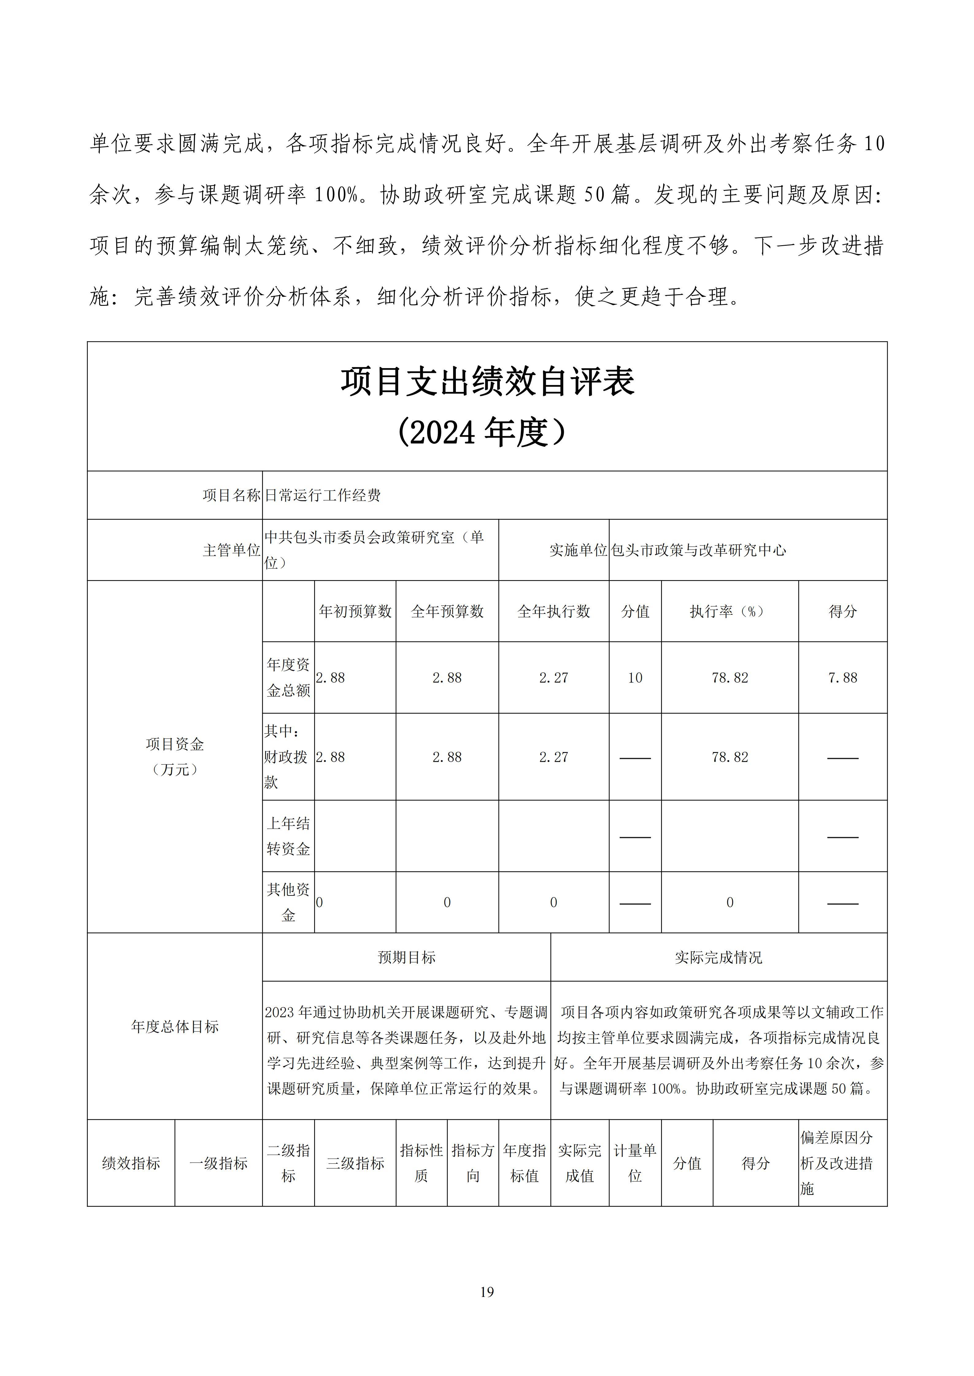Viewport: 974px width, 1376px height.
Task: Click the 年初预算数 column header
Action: (355, 611)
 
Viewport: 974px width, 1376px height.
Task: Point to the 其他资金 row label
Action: (288, 902)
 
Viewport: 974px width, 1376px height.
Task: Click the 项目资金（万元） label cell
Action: (175, 756)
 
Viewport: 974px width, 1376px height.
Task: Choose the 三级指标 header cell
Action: (355, 1163)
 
